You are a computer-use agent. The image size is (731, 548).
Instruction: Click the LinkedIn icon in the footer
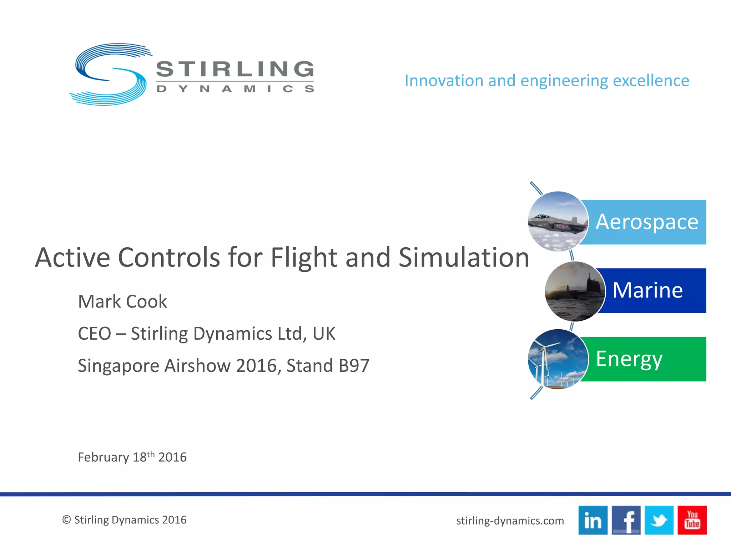click(593, 520)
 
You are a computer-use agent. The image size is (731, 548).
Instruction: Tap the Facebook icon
click(626, 520)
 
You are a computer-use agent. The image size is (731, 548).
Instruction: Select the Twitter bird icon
click(659, 520)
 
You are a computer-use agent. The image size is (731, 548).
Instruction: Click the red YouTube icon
click(692, 520)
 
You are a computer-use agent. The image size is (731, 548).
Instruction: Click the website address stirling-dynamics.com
click(510, 521)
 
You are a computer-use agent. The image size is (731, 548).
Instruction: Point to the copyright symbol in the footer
click(66, 520)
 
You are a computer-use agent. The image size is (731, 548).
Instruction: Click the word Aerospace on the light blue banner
click(647, 222)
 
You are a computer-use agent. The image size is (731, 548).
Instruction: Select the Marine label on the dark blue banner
click(647, 290)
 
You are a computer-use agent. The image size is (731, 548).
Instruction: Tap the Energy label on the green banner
click(629, 359)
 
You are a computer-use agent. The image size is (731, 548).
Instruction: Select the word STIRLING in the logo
click(235, 69)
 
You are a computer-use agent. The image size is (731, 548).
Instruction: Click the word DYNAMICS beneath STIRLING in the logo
click(235, 88)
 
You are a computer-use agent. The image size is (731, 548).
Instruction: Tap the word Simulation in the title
click(463, 258)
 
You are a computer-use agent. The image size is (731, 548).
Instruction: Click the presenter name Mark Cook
click(122, 301)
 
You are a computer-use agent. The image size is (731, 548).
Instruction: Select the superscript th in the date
click(151, 454)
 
